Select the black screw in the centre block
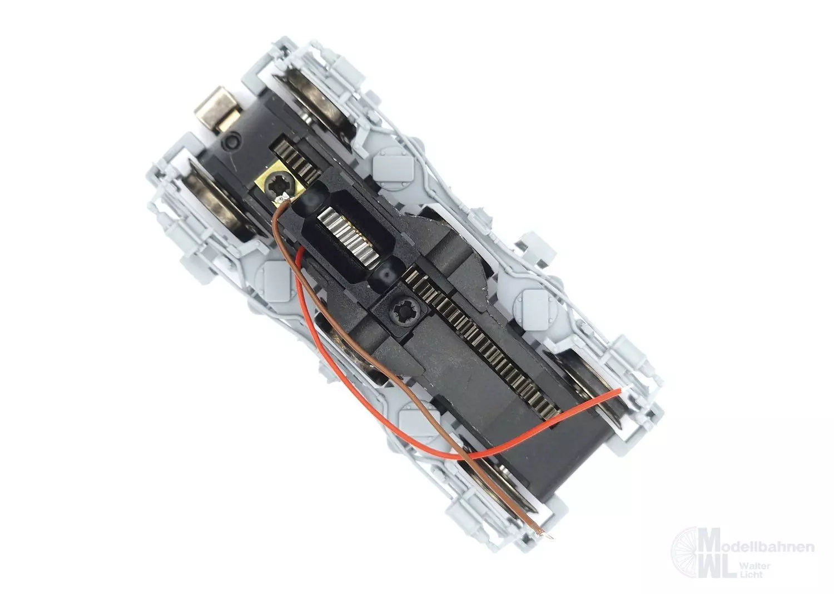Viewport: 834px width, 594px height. click(399, 307)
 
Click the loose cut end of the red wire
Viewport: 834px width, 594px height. click(620, 392)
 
